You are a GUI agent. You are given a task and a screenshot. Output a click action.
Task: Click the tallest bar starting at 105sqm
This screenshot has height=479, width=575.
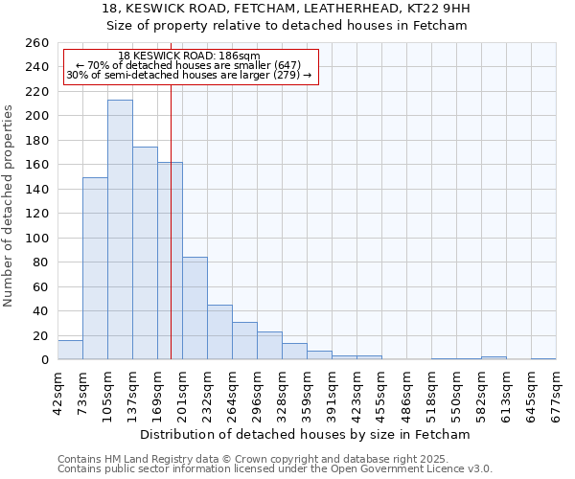point(120,230)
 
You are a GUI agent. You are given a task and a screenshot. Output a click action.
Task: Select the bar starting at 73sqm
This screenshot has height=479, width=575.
point(95,268)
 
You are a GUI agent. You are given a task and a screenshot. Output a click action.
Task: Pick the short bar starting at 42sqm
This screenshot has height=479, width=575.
point(70,351)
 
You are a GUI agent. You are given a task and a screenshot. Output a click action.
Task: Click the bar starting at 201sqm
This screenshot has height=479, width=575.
point(195,308)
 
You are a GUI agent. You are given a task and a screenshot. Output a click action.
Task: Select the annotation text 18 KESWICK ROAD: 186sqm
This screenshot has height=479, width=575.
point(189,57)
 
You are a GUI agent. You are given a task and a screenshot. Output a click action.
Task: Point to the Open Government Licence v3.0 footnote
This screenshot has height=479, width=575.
point(402,469)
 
